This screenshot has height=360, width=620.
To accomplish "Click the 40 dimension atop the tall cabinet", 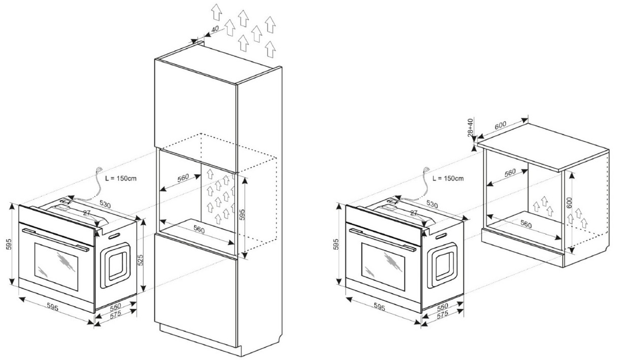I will coord(215,29).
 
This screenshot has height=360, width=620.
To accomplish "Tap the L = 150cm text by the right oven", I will coord(448,178).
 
